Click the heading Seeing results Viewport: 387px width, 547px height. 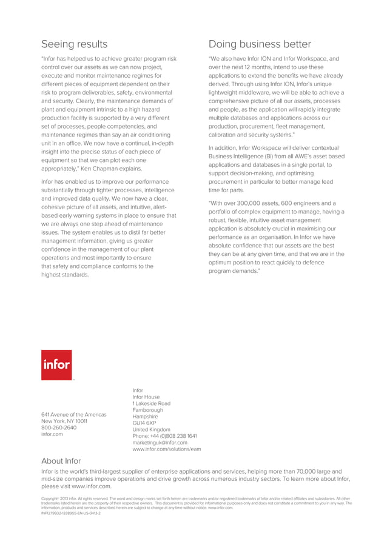pyautogui.click(x=74, y=44)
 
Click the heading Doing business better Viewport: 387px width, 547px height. pyautogui.click(x=260, y=44)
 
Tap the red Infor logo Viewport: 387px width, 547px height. pyautogui.click(x=56, y=365)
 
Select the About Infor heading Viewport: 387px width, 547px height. pyautogui.click(x=61, y=461)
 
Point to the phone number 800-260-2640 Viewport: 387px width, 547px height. pyautogui.click(x=59, y=428)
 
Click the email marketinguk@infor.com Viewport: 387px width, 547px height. pyautogui.click(x=160, y=443)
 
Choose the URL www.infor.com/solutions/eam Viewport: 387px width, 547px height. pyautogui.click(x=166, y=449)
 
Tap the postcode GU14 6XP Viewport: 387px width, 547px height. pyautogui.click(x=144, y=423)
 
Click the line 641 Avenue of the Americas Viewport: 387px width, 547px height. pyautogui.click(x=73, y=415)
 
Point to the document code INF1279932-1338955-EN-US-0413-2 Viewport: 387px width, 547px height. pyautogui.click(x=70, y=513)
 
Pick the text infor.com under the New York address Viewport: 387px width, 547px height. pyautogui.click(x=53, y=434)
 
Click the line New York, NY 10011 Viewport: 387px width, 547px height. pyautogui.click(x=64, y=421)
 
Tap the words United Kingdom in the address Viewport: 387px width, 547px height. pyautogui.click(x=151, y=429)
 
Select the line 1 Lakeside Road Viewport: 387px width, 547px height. pyautogui.click(x=151, y=403)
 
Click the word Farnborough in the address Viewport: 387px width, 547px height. pyautogui.click(x=147, y=410)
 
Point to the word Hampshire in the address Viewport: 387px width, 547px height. pyautogui.click(x=145, y=417)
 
